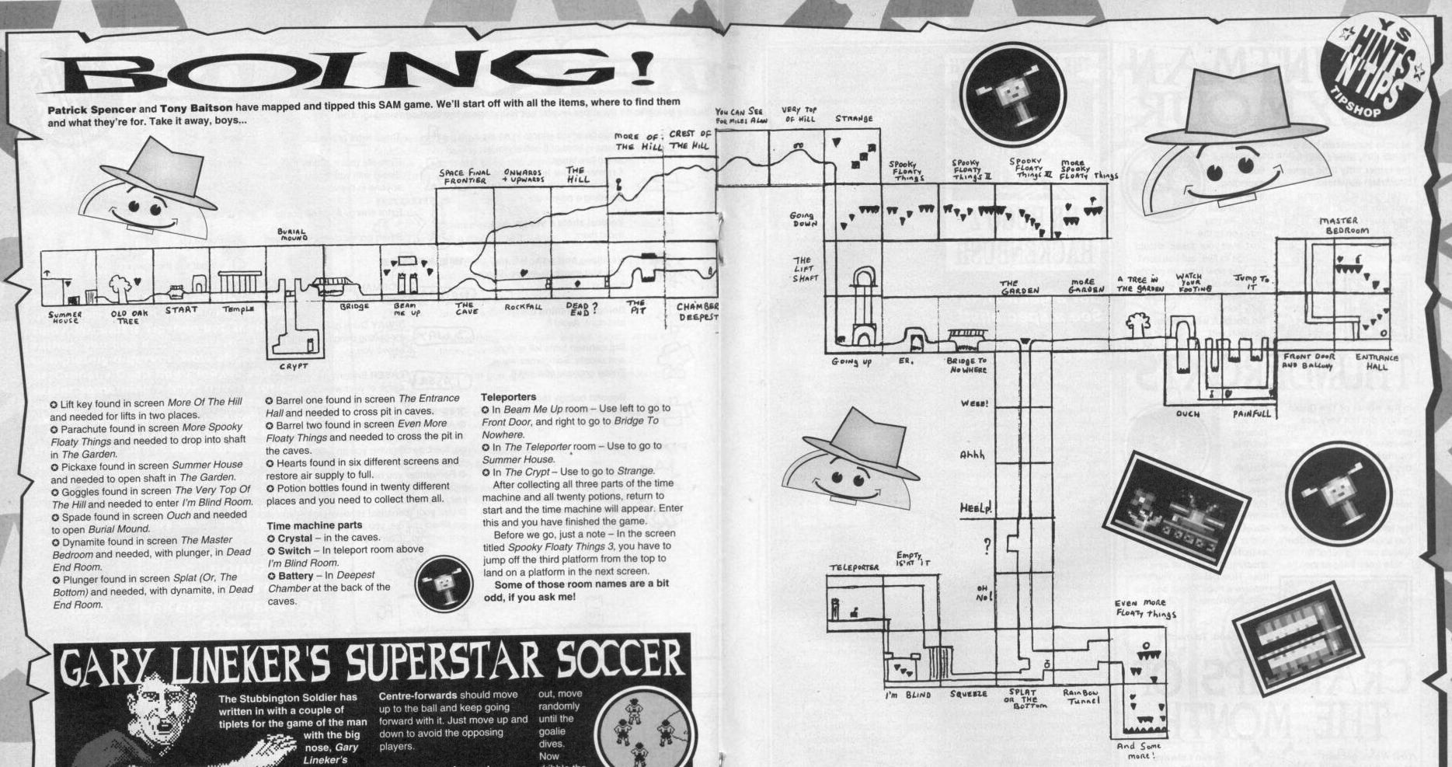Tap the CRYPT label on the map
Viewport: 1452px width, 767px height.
pos(293,366)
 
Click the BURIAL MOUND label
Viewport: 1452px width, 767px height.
pos(291,235)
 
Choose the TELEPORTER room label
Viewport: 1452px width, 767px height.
pos(854,567)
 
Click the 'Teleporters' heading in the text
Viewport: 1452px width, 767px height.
pos(508,397)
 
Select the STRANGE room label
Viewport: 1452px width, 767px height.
pos(854,119)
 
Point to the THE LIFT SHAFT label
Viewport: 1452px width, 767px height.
pos(803,269)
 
